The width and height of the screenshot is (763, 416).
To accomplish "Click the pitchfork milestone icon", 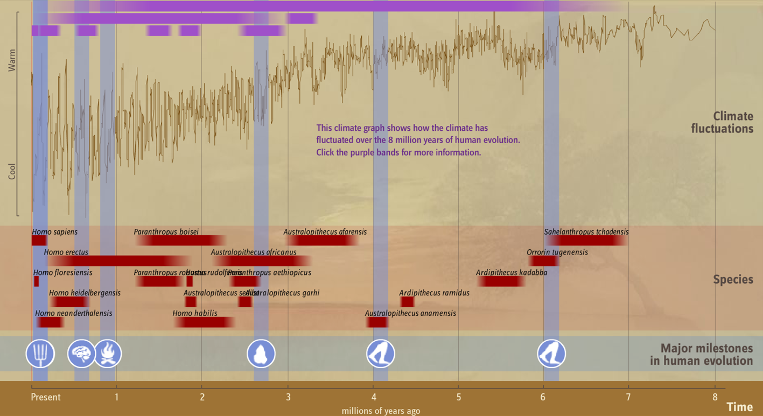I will tap(40, 354).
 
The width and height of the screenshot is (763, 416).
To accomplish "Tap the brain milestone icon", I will tap(81, 354).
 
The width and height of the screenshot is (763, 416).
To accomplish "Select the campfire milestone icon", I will tap(108, 354).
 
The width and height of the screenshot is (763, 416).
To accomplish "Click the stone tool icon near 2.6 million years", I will tap(261, 354).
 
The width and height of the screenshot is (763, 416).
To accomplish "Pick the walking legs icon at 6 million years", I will tap(551, 354).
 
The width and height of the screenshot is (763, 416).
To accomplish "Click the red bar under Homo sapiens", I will tap(39, 241).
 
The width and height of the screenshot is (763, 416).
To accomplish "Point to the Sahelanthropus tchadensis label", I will tap(586, 232).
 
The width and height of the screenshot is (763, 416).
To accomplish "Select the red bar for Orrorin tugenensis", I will tap(544, 261).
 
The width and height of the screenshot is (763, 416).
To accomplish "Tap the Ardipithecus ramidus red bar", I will tap(407, 302).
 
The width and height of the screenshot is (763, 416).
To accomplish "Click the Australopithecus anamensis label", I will tap(410, 313).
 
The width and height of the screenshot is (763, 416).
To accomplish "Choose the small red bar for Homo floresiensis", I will tap(37, 281).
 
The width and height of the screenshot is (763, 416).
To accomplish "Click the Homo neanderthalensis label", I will tap(74, 313).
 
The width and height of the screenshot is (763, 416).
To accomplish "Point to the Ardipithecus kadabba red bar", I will tap(501, 281).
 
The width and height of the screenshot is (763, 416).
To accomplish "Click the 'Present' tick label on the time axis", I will tap(46, 397).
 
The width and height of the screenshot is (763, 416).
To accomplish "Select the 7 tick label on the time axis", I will tap(628, 397).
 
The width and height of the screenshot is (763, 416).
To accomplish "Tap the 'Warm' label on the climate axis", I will tap(12, 60).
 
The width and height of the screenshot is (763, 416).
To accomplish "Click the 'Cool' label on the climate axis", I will tap(12, 171).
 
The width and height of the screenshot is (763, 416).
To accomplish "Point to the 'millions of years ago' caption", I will tap(381, 411).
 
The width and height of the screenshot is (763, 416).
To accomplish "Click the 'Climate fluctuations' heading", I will tap(722, 123).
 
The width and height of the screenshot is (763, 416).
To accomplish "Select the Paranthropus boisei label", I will tap(166, 232).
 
